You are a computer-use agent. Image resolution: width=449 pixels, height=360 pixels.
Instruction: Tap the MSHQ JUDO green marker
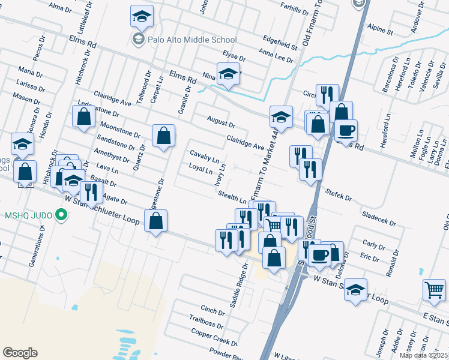59,214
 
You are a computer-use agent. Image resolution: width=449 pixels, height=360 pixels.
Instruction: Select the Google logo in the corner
20,353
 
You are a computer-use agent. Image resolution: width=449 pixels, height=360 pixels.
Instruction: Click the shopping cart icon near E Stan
433,290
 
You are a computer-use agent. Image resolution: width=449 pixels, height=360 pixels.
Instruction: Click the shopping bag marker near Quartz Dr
163,136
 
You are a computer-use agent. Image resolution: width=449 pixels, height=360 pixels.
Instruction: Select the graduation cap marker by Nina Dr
228,74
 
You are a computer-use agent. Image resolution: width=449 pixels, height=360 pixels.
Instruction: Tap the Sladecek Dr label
379,218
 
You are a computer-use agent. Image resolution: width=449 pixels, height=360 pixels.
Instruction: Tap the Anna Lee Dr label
276,55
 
